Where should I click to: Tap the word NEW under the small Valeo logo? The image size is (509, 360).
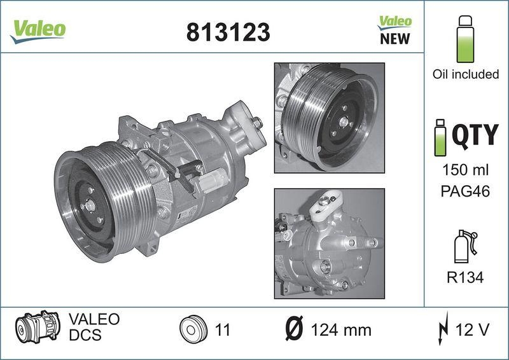[394, 39]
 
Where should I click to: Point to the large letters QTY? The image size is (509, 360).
[475, 135]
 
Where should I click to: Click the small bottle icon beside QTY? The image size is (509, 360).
[440, 137]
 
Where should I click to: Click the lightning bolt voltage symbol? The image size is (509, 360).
[443, 329]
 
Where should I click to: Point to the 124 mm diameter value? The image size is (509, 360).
[341, 330]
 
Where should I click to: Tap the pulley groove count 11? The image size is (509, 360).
[223, 330]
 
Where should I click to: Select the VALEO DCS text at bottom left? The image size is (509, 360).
[93, 327]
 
